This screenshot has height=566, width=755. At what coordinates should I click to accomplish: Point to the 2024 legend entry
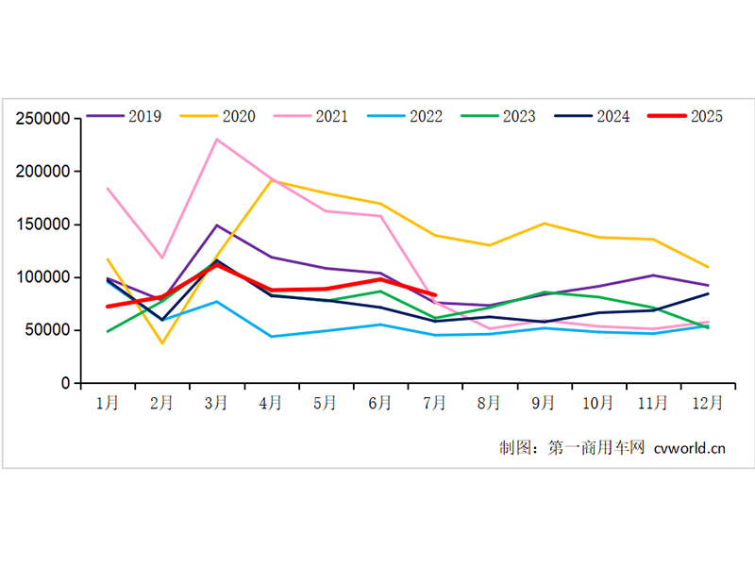pos(612,117)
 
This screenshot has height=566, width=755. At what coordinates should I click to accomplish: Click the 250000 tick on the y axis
pos(43,119)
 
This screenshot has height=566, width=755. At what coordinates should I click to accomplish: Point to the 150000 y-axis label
pos(43,225)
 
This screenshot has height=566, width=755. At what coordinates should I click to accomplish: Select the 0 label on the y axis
pos(65,383)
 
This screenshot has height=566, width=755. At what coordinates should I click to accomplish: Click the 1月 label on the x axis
pos(108,403)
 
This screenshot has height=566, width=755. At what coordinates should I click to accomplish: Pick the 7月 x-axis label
pos(435,403)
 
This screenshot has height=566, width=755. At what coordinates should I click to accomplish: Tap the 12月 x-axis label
pos(708,403)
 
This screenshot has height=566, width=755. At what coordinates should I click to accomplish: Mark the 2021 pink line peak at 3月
pos(217,140)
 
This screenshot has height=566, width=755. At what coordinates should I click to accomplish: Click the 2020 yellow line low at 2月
pos(162,342)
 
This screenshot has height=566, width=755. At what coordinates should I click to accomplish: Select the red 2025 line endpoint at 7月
pos(434,295)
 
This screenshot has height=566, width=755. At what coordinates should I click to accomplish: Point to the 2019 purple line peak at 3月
pos(217,225)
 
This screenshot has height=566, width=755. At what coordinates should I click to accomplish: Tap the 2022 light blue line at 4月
pos(272,337)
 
